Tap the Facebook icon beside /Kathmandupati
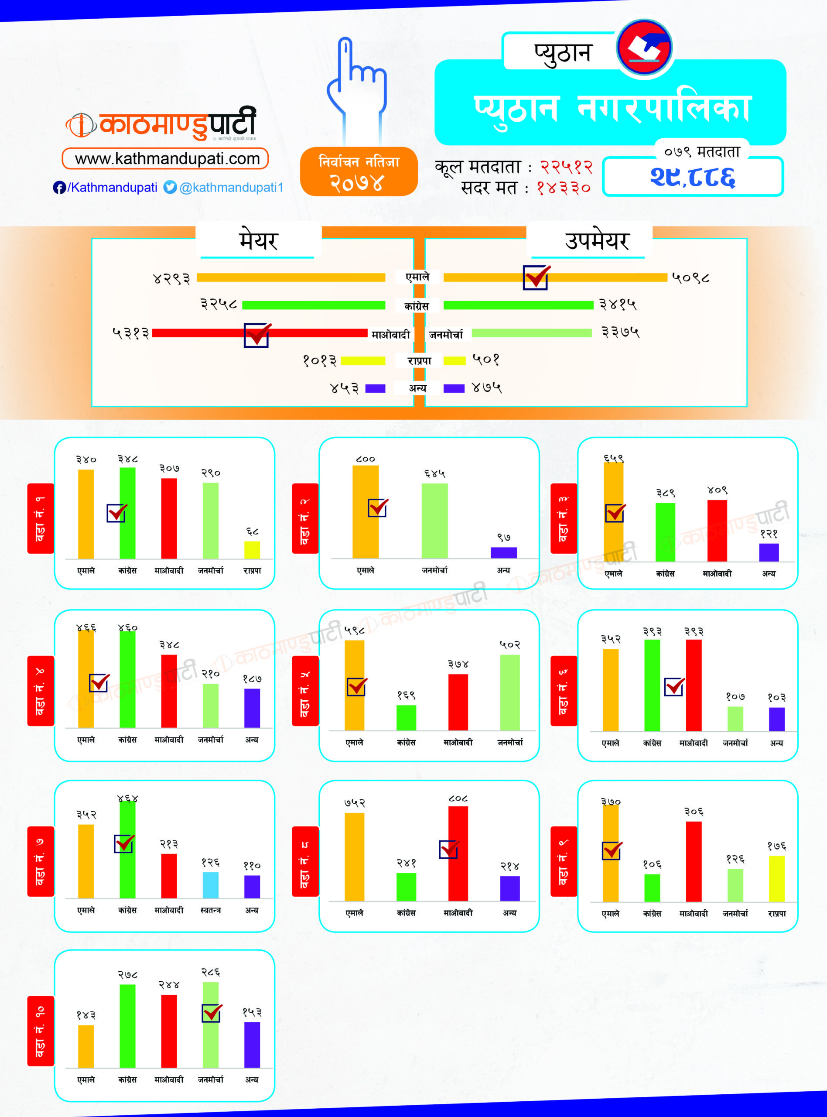pyautogui.click(x=59, y=187)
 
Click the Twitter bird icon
pyautogui.click(x=170, y=187)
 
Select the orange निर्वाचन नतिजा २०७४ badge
pyautogui.click(x=359, y=171)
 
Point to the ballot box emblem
pyautogui.click(x=644, y=48)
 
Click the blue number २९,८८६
pyautogui.click(x=692, y=177)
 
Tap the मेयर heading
pyautogui.click(x=258, y=241)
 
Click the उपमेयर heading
pyautogui.click(x=597, y=241)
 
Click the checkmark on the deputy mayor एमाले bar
pyautogui.click(x=536, y=277)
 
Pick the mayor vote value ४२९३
pyautogui.click(x=172, y=278)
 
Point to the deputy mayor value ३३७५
pyautogui.click(x=620, y=332)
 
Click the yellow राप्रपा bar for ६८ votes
pyautogui.click(x=252, y=549)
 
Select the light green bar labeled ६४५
pyautogui.click(x=434, y=521)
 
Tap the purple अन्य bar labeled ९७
pyautogui.click(x=504, y=552)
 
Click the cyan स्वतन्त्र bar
pyautogui.click(x=210, y=885)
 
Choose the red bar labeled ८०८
pyautogui.click(x=458, y=853)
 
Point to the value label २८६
pyautogui.click(x=211, y=972)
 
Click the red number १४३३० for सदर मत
pyautogui.click(x=564, y=188)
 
